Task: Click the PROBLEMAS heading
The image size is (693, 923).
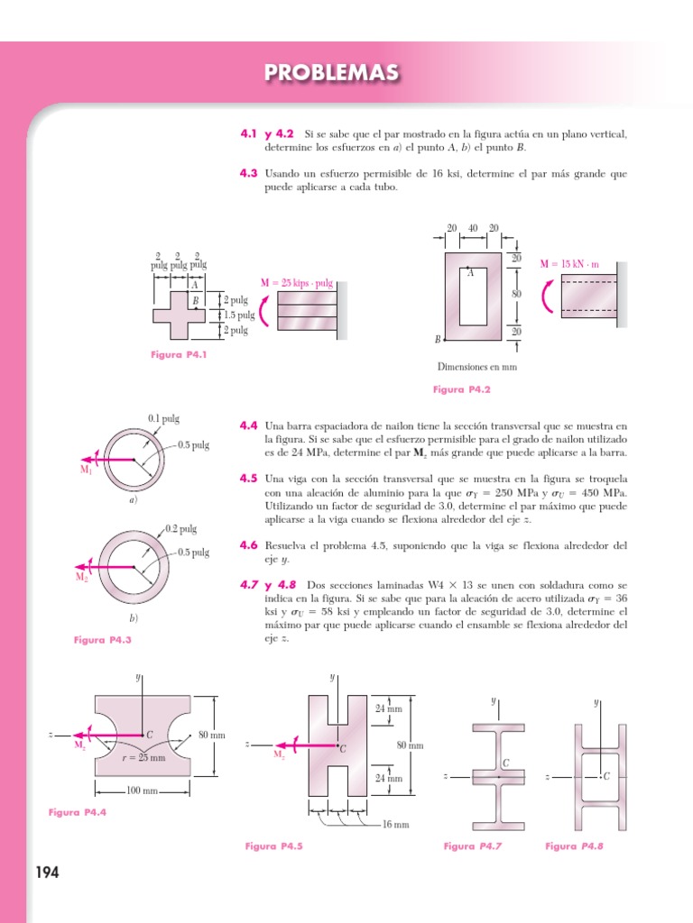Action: pos(331,73)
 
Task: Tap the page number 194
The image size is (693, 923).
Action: pos(47,873)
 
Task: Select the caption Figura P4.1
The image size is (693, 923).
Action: pos(179,355)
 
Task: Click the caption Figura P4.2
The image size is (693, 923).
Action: pos(460,389)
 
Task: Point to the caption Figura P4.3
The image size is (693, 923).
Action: pos(102,639)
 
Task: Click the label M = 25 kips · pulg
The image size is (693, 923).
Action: pos(297,283)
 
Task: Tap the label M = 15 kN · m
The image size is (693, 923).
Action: pos(569,264)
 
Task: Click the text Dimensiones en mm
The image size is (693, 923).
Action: pos(477,367)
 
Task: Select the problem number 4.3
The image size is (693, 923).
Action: pos(249,173)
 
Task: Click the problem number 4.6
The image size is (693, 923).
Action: pos(249,545)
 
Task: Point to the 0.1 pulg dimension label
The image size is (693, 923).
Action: pos(164,418)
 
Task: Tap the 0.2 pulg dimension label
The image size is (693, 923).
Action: pos(181,529)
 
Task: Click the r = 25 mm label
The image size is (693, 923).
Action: pos(143,758)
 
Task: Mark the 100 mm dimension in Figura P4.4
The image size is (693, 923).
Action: pos(143,790)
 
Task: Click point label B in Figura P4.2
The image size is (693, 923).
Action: pos(438,339)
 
